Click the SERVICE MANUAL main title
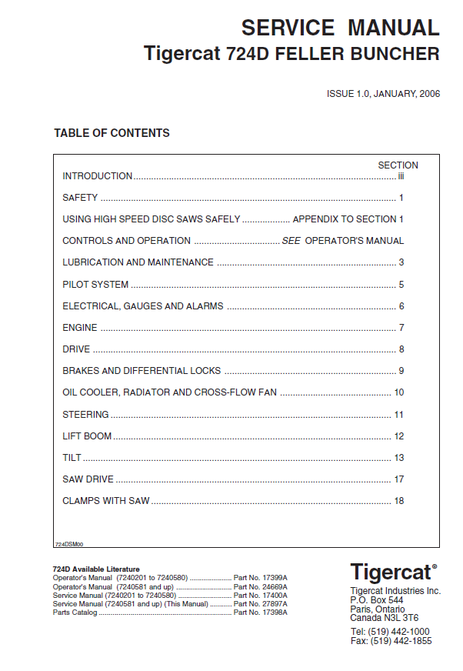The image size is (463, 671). pyautogui.click(x=340, y=28)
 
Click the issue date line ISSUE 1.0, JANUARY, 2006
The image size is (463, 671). pyautogui.click(x=383, y=94)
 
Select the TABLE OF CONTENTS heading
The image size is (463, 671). pyautogui.click(x=112, y=133)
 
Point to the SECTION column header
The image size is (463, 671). pyautogui.click(x=398, y=165)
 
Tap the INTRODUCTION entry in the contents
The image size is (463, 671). pyautogui.click(x=97, y=176)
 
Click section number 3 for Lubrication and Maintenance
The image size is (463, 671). pyautogui.click(x=401, y=262)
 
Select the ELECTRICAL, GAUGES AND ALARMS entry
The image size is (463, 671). pyautogui.click(x=143, y=306)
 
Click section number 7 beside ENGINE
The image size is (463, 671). pyautogui.click(x=401, y=328)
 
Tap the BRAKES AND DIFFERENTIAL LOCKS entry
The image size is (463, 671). pyautogui.click(x=142, y=371)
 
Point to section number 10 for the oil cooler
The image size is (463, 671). pyautogui.click(x=398, y=392)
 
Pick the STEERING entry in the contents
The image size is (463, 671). pyautogui.click(x=85, y=415)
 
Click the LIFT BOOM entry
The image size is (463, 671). pyautogui.click(x=87, y=436)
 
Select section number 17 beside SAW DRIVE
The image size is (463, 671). pyautogui.click(x=398, y=479)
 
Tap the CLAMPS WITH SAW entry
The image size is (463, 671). pyautogui.click(x=106, y=501)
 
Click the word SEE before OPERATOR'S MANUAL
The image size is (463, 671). pyautogui.click(x=291, y=241)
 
